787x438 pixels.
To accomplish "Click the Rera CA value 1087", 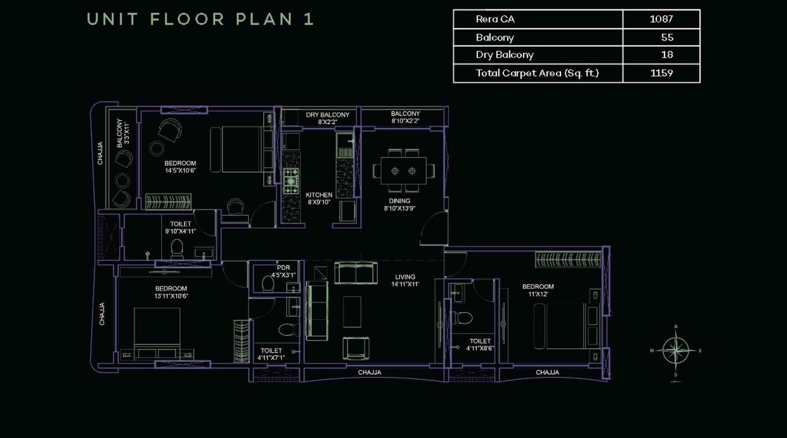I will pos(661,19).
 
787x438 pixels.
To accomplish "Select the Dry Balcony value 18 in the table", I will pos(667,55).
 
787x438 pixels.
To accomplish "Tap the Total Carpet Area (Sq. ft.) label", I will pos(537,73).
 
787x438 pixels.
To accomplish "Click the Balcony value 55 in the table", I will pos(667,37).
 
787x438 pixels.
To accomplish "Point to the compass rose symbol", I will pos(676,351).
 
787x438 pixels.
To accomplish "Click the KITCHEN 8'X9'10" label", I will pos(319,198).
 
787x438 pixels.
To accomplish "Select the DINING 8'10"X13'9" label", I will pos(399,204).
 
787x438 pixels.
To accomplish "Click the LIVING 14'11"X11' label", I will pos(405,280).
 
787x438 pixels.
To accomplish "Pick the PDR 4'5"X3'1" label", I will pos(283,271).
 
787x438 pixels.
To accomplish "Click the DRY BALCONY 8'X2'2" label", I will pos(328,118).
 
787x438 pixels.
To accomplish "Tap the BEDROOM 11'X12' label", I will pos(538,290).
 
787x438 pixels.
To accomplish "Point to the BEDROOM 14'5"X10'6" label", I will pos(180,167).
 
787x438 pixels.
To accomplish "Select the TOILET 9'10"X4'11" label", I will pos(181,227).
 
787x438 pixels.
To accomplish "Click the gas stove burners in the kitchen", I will pos(291,180).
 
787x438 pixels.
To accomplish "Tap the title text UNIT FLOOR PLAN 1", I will pos(200,19).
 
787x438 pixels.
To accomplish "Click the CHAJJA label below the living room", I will pos(369,372).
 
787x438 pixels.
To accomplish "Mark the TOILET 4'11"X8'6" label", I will pos(480,344).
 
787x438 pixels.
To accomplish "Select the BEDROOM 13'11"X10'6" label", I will pos(171,292).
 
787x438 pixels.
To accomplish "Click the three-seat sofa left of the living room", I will pos(317,310).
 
